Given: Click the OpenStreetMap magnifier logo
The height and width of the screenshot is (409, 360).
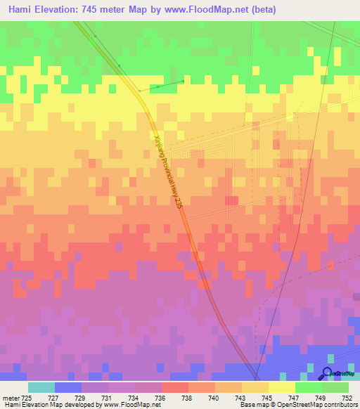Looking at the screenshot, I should point(328,373).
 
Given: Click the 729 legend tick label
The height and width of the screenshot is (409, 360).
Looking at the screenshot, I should point(81,398).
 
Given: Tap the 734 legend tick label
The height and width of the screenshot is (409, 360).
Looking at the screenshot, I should point(134,398).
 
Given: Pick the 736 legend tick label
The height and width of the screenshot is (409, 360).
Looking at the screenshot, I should point(161,398).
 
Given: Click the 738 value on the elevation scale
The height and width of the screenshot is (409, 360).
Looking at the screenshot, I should point(188,398).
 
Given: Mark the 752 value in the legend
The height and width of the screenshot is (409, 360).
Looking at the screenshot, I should point(347,398).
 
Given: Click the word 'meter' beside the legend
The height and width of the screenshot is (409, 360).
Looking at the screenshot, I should point(10,398).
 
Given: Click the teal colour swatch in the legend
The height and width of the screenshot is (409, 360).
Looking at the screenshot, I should point(41,387).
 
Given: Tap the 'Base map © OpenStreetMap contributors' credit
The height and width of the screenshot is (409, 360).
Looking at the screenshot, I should point(297,405).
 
